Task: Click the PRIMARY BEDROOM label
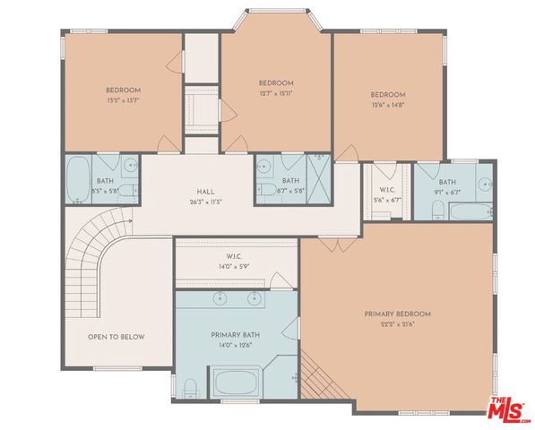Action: (x=397, y=314)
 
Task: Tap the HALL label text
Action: (x=205, y=192)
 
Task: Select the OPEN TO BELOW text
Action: (x=116, y=337)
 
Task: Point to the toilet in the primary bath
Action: (x=190, y=387)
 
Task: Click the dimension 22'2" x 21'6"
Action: (x=397, y=323)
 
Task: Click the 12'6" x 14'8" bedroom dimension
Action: (x=387, y=104)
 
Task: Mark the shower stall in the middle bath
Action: (x=317, y=169)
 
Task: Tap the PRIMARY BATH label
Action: (x=237, y=335)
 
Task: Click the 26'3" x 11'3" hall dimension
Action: (x=205, y=202)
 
